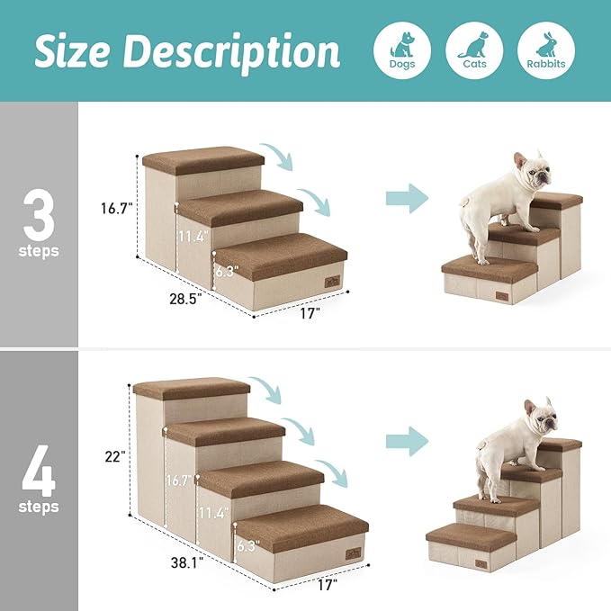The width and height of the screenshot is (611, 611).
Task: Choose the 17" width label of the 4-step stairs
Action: tap(326, 585)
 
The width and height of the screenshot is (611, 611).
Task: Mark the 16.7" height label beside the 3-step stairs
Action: tap(117, 208)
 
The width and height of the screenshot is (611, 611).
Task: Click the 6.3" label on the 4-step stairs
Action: tap(247, 544)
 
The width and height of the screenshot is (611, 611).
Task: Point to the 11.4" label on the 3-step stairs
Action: tap(192, 238)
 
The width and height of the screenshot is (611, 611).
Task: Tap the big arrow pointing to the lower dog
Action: tap(407, 441)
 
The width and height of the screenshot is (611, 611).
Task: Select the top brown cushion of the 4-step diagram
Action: tap(192, 387)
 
